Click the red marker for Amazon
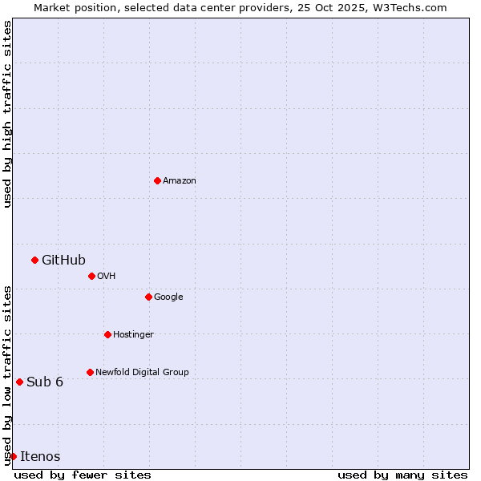click(157, 180)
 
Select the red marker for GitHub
click(34, 260)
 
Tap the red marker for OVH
click(91, 276)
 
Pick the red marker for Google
click(148, 297)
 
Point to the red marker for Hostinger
click(107, 334)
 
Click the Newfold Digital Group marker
click(90, 372)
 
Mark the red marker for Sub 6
click(19, 382)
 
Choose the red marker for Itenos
click(13, 456)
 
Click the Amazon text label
click(180, 181)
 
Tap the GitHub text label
click(63, 260)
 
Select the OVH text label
click(107, 277)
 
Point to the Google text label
click(168, 297)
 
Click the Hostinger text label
click(133, 335)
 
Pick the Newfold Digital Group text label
click(142, 373)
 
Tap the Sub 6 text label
click(45, 382)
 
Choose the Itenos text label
click(40, 457)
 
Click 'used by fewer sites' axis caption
click(83, 475)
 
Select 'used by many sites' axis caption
click(402, 475)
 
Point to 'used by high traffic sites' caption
click(7, 114)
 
